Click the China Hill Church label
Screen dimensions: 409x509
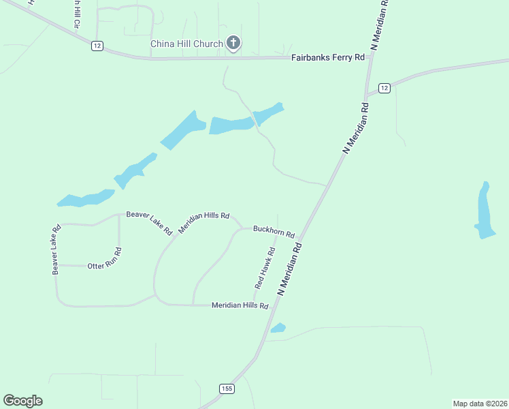click(x=186, y=44)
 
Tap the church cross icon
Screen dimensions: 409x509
click(x=233, y=44)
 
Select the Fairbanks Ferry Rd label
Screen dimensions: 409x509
click(x=328, y=58)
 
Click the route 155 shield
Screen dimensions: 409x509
click(x=227, y=389)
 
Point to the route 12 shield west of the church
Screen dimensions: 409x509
click(x=98, y=46)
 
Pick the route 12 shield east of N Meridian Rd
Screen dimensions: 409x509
click(x=384, y=88)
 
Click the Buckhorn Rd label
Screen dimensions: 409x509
click(x=274, y=232)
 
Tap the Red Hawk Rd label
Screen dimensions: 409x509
click(x=265, y=267)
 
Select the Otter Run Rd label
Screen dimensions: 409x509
click(x=104, y=265)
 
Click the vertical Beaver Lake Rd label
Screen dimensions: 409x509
click(x=56, y=249)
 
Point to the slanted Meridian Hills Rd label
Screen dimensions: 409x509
click(x=203, y=223)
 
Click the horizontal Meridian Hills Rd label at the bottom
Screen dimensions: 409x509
click(x=240, y=306)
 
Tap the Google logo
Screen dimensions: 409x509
click(x=22, y=401)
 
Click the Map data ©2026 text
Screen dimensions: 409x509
click(x=479, y=403)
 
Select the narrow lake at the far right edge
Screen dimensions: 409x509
click(x=485, y=211)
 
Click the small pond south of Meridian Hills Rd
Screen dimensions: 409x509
click(x=278, y=329)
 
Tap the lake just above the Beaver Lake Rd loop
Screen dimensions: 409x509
click(x=86, y=198)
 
